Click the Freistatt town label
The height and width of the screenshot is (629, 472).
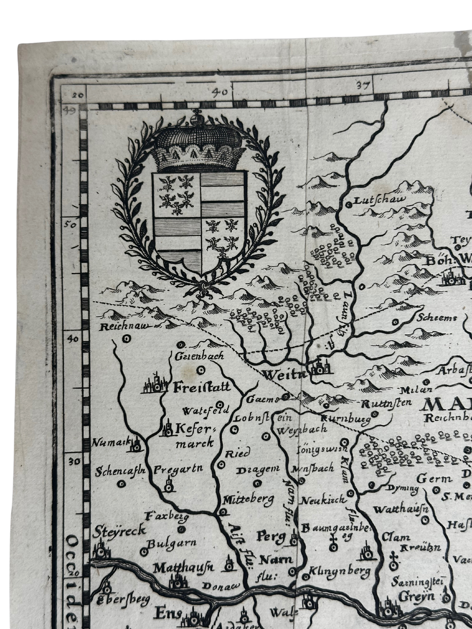tap(202, 387)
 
